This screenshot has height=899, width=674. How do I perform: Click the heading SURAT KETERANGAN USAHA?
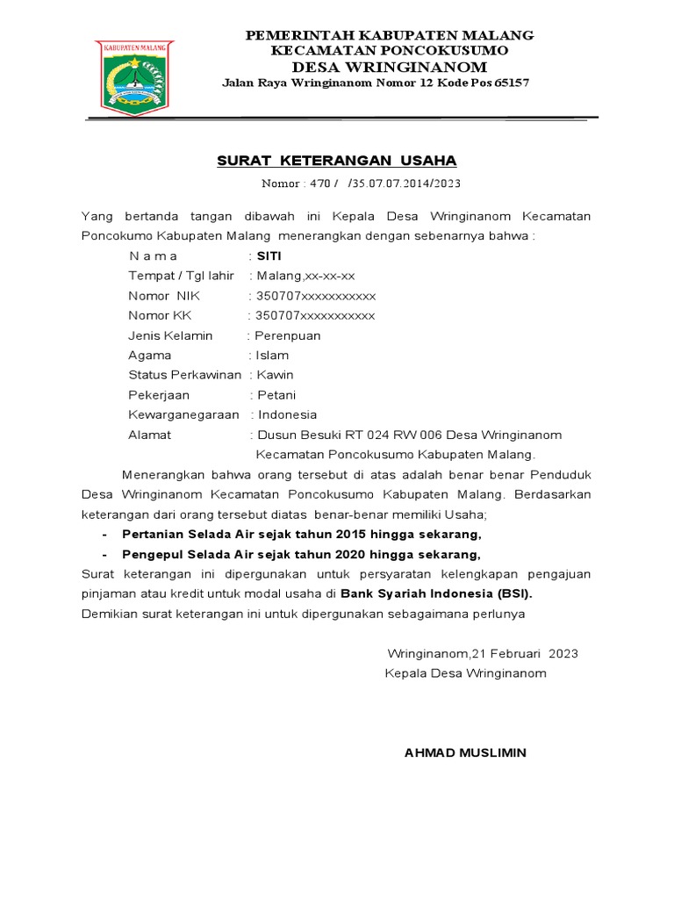[x=337, y=161]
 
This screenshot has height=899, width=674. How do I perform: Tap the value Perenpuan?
[x=288, y=335]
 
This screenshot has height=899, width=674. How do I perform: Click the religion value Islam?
[x=272, y=356]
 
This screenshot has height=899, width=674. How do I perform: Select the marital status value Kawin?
[x=275, y=375]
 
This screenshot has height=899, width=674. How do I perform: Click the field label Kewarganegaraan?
[x=184, y=414]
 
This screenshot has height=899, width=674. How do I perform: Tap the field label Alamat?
[x=150, y=435]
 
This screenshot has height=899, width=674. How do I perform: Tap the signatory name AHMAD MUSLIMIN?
[x=465, y=752]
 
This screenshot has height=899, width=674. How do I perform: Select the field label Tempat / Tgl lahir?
[x=181, y=276]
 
